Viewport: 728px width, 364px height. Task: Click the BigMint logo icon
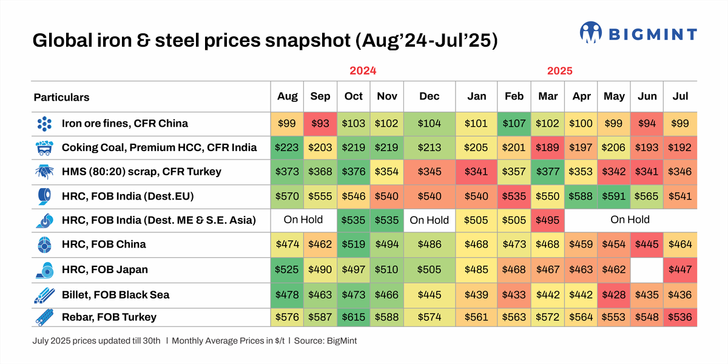click(x=591, y=33)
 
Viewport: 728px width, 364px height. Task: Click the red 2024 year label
click(x=363, y=70)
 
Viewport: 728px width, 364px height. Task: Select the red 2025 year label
click(x=560, y=70)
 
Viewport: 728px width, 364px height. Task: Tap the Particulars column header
click(x=61, y=97)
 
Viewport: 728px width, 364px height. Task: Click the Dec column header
click(x=430, y=97)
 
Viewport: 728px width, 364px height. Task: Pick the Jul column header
click(x=680, y=97)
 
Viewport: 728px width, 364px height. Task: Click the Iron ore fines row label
click(x=124, y=124)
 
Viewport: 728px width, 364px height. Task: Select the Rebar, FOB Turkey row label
click(x=109, y=317)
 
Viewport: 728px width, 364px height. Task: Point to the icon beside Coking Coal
click(x=44, y=147)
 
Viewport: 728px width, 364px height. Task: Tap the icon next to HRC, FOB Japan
click(x=44, y=270)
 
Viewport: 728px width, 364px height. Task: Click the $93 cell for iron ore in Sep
click(x=320, y=124)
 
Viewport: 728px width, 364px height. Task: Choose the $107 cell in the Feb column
click(x=514, y=124)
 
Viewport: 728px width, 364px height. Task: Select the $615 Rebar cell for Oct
click(x=353, y=317)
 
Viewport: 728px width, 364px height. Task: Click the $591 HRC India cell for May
click(x=615, y=196)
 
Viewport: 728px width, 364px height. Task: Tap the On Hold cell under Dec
click(x=430, y=220)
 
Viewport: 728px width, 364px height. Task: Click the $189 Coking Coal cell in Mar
click(x=548, y=147)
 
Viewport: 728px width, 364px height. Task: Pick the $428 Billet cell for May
click(x=615, y=295)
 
